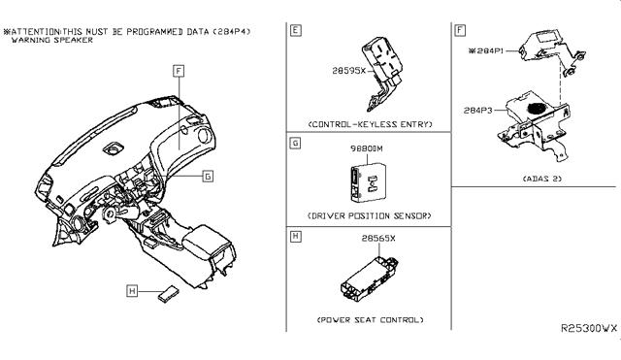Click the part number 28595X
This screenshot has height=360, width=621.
[349, 71]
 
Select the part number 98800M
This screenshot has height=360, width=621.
[367, 148]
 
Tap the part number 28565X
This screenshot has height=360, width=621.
[378, 239]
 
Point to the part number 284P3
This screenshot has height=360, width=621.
[478, 111]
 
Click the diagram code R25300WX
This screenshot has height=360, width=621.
[589, 328]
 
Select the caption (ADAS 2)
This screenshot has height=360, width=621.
[541, 179]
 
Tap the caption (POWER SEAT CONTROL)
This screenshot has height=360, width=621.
[370, 320]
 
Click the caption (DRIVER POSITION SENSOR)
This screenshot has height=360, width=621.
[369, 215]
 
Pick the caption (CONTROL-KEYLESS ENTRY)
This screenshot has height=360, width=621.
[370, 124]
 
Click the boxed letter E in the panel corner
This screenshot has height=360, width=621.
[295, 30]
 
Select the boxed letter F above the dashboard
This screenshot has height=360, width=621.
[179, 71]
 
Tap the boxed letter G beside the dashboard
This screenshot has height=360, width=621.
[208, 177]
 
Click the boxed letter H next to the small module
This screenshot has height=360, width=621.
[132, 291]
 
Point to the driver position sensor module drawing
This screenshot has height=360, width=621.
[368, 181]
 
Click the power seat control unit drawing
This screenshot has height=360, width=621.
[369, 278]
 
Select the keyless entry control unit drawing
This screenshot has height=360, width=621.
[381, 74]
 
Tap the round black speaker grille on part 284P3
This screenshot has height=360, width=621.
[538, 108]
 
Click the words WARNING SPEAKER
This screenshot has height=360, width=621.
[52, 40]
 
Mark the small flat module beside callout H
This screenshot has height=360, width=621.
[168, 293]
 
